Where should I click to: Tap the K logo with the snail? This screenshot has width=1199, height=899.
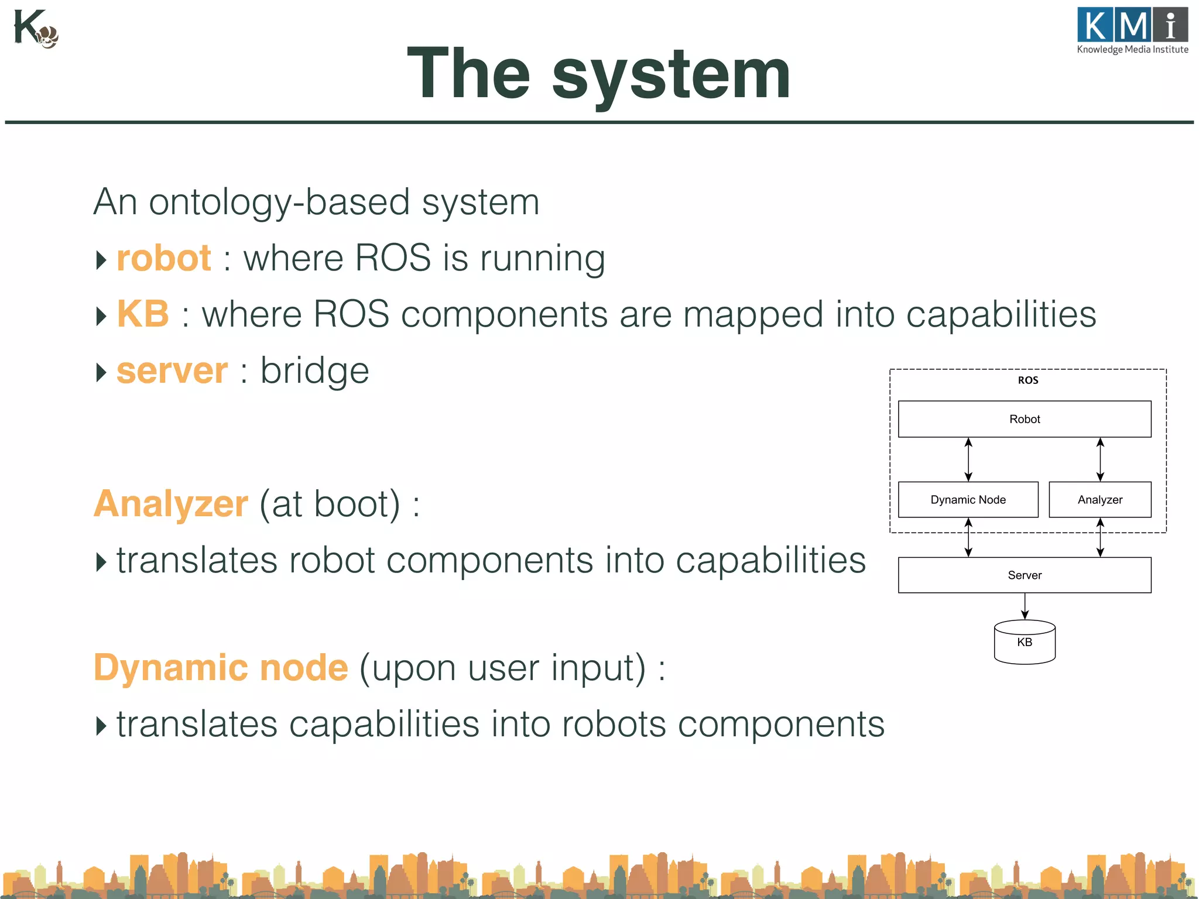click(x=35, y=29)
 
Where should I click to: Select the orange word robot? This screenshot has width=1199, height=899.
click(x=164, y=258)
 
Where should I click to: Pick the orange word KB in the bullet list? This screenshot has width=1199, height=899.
click(x=143, y=314)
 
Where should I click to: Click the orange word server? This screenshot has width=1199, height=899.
click(x=172, y=371)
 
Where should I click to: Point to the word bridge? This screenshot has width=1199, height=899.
click(x=314, y=371)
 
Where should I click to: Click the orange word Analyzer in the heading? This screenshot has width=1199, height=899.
click(x=171, y=504)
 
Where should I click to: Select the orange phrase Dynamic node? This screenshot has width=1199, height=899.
click(x=221, y=668)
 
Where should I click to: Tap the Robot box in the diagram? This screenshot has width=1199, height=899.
click(x=1024, y=419)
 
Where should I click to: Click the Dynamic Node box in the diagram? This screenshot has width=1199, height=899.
click(x=968, y=500)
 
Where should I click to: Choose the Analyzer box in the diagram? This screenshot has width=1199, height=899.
click(x=1099, y=500)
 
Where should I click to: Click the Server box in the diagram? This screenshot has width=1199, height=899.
click(x=1024, y=575)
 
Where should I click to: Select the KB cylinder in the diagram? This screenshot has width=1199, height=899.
click(x=1024, y=643)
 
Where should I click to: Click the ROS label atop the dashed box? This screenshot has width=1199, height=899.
click(x=1027, y=380)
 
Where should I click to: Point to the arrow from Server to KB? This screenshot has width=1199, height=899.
click(x=1025, y=606)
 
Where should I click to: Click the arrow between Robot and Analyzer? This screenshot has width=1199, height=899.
click(x=1100, y=459)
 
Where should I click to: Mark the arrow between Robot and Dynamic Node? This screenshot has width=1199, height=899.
click(x=968, y=459)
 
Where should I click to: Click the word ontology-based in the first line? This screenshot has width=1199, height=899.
click(x=279, y=203)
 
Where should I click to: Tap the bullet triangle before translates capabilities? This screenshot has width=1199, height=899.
click(x=101, y=726)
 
